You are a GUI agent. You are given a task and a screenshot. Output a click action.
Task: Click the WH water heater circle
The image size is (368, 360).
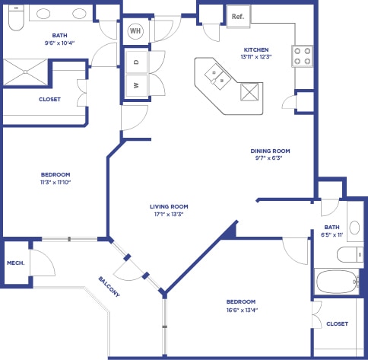click(135, 31)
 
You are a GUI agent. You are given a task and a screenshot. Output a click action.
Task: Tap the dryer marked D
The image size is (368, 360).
click(136, 62)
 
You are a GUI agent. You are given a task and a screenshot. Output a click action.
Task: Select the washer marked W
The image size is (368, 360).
click(136, 85)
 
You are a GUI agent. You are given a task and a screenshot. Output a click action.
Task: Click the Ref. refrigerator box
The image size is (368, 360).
click(237, 15)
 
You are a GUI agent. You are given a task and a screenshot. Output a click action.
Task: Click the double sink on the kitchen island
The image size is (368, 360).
click(217, 75)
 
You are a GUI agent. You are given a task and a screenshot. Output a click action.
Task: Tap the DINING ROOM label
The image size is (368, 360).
click(271, 151)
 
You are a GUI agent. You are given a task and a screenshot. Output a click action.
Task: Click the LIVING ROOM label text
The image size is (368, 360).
click(169, 206)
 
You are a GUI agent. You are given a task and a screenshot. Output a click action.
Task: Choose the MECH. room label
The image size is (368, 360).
click(16, 263)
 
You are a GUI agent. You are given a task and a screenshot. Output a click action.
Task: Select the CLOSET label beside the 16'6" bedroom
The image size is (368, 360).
click(337, 323)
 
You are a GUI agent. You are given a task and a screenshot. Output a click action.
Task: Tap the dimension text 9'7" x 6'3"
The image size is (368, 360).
click(271, 158)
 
